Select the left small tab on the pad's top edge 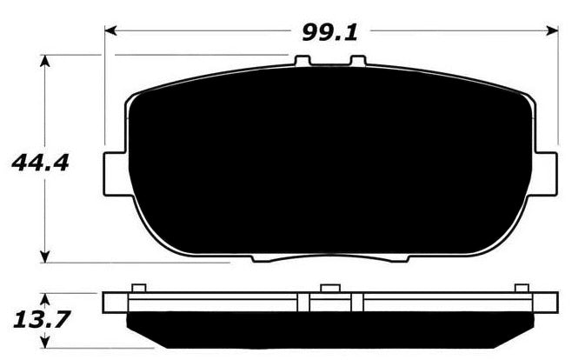[302, 63]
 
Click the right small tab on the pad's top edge [356, 63]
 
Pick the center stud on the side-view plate [328, 289]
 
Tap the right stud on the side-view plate [521, 289]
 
